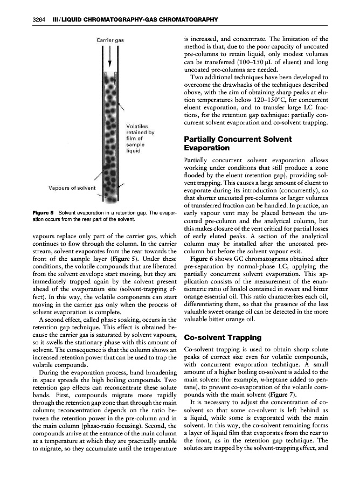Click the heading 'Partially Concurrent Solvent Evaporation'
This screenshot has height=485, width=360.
(238, 143)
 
